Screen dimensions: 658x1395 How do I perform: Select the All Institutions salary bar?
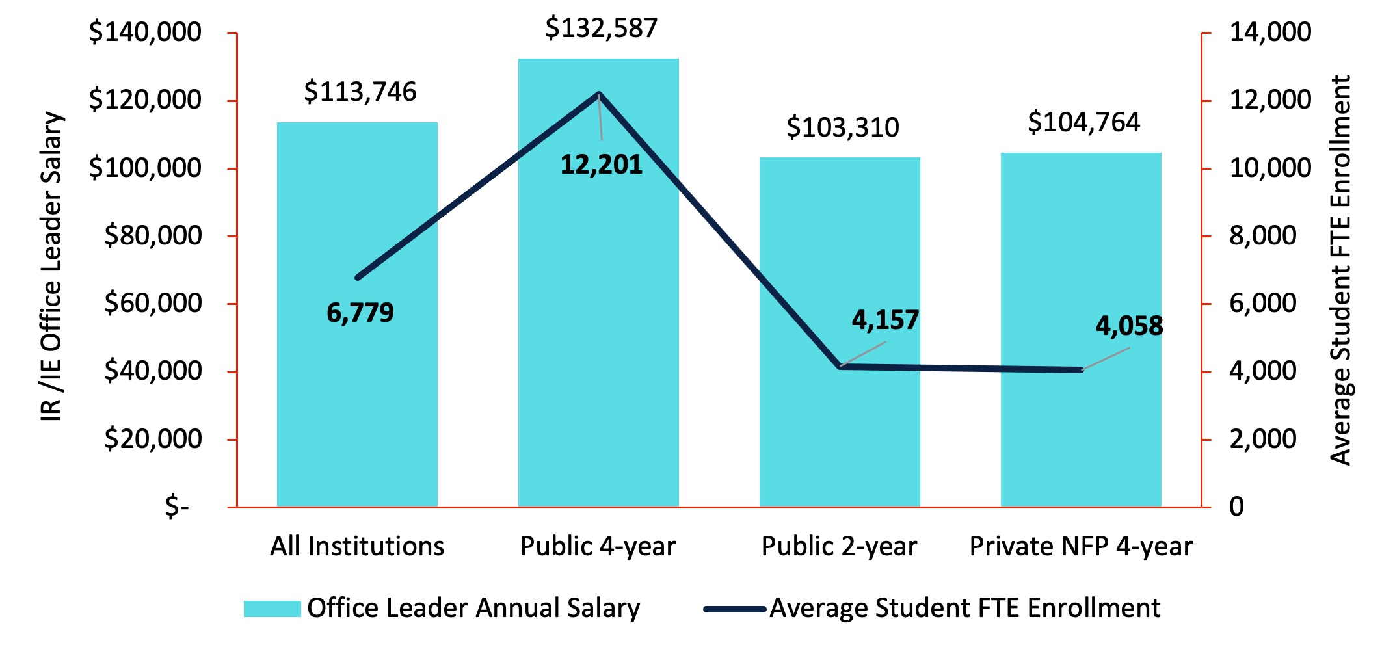click(357, 390)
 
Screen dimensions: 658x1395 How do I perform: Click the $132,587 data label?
click(602, 29)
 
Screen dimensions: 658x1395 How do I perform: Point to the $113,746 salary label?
click(360, 92)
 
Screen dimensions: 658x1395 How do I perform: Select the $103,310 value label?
click(842, 127)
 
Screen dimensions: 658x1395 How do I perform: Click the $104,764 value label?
click(1083, 122)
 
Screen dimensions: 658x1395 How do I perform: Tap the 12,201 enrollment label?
click(602, 165)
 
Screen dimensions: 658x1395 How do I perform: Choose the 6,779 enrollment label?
click(360, 313)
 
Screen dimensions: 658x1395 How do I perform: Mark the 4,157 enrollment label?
click(885, 320)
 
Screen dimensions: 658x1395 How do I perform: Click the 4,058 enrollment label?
click(1129, 326)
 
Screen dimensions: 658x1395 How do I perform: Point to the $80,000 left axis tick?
click(153, 235)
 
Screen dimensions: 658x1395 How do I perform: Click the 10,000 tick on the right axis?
click(1269, 168)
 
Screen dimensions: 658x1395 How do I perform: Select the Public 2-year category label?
click(839, 546)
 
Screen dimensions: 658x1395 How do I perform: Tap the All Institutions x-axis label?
click(357, 546)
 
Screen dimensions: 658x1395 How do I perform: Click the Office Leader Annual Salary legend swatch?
click(272, 609)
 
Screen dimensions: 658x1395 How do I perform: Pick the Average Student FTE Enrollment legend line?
click(734, 609)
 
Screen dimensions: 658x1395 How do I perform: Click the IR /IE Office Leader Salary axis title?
click(52, 267)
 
